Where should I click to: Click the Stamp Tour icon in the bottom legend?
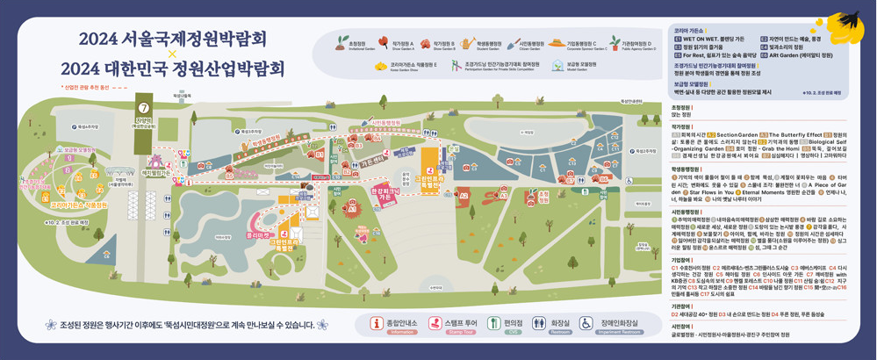(435, 324)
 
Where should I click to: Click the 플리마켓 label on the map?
(256, 235)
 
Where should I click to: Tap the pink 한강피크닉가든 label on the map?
(385, 194)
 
